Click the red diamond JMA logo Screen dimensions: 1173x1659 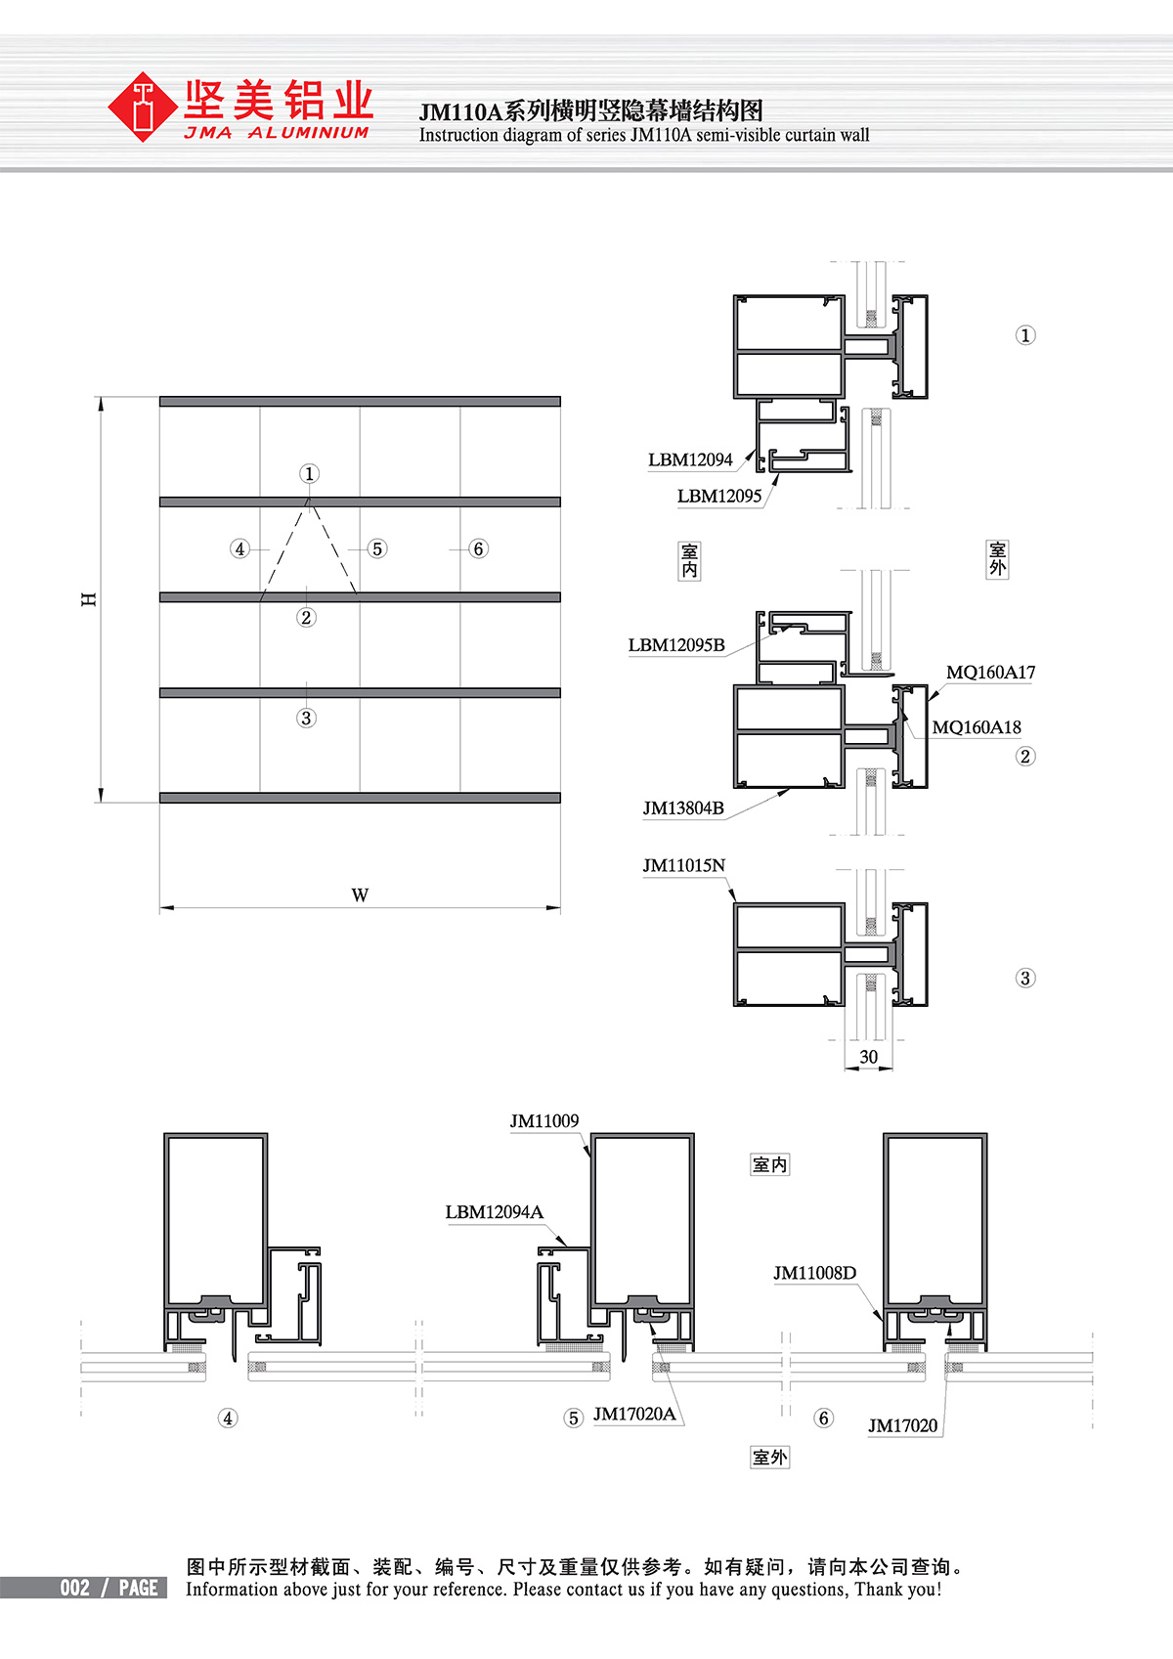142,107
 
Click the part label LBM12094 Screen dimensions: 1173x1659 690,459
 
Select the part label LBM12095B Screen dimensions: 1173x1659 676,645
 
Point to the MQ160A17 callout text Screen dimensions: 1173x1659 990,673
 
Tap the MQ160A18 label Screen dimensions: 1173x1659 976,727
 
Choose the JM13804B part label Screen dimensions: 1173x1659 682,808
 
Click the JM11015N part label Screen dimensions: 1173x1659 683,865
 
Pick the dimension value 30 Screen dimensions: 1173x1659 869,1057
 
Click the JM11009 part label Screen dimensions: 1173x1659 544,1121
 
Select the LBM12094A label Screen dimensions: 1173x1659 494,1212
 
